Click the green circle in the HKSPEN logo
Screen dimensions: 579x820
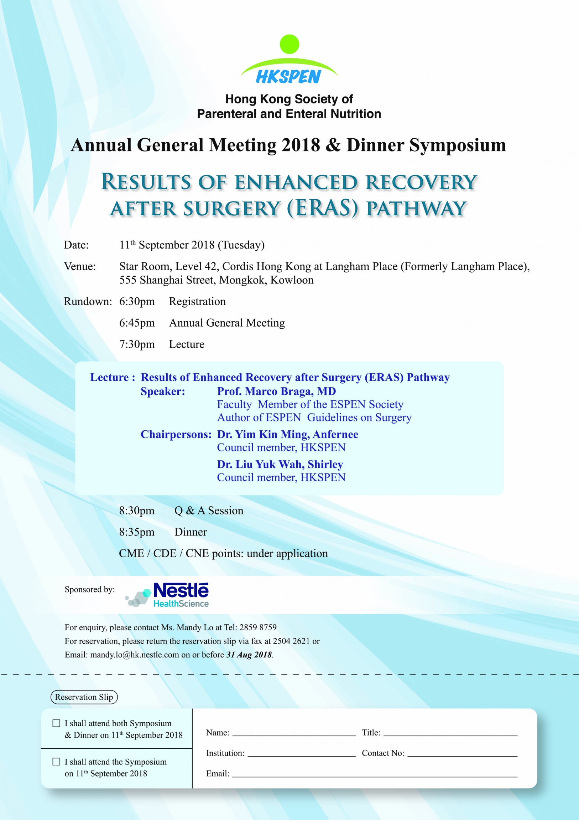289,44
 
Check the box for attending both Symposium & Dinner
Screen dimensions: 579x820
56,723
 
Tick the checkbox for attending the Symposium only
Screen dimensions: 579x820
56,762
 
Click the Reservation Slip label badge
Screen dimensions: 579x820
84,697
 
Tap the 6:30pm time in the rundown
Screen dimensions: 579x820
137,302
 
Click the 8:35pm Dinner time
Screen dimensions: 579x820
137,532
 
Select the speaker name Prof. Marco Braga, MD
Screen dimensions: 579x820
276,391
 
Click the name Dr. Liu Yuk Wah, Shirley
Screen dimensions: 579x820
280,464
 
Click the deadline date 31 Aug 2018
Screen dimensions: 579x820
249,655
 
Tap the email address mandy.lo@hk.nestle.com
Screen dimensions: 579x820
135,655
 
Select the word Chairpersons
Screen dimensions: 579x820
176,434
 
